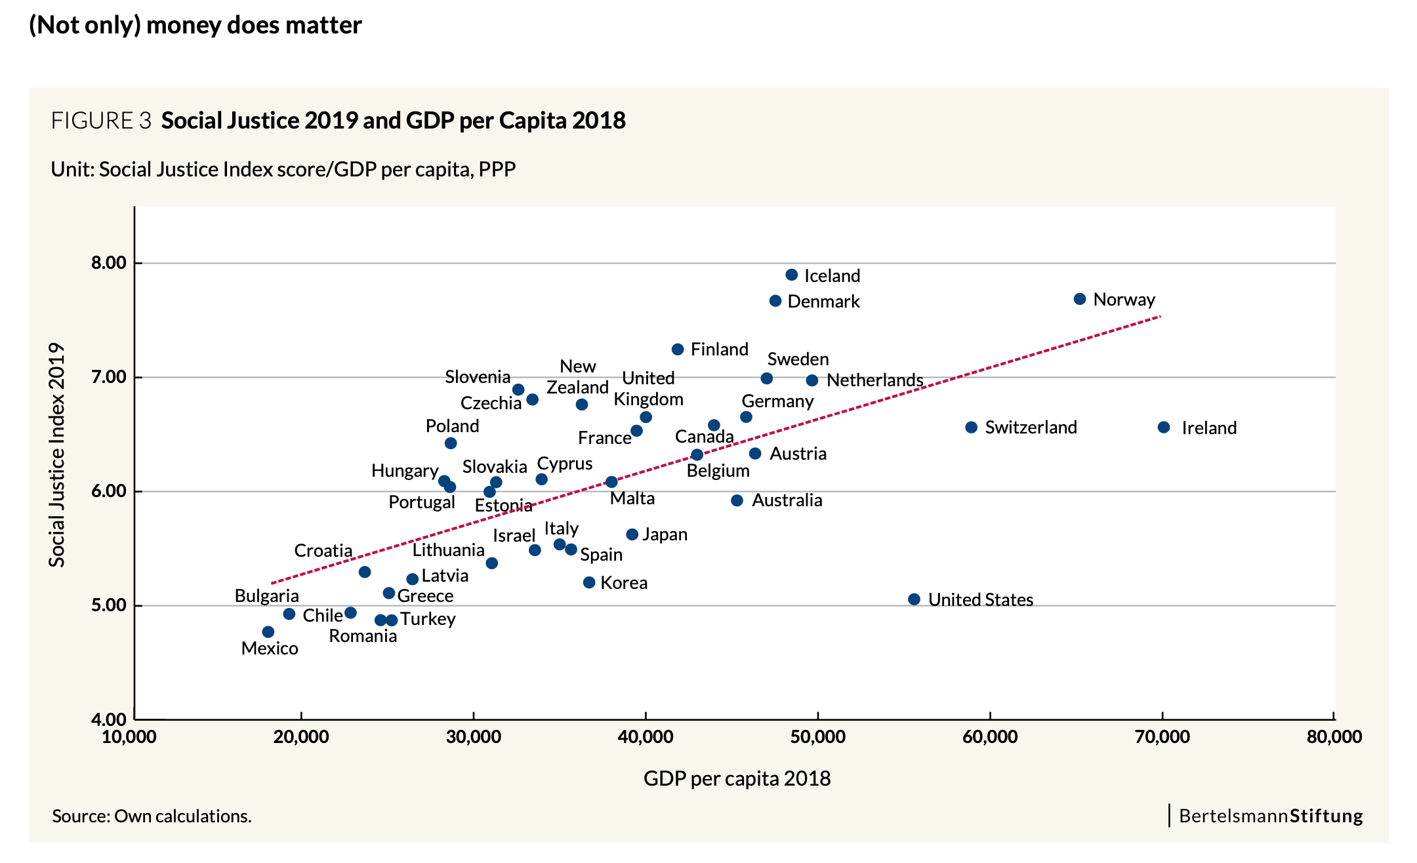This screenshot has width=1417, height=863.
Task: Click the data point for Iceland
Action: tap(791, 275)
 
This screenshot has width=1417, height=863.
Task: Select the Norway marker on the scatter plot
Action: tap(1079, 299)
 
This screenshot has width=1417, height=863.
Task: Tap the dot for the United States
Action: tap(914, 599)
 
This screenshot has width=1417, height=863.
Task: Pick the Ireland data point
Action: tap(1164, 428)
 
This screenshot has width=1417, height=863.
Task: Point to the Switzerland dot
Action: tap(972, 428)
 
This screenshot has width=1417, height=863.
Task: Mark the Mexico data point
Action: tap(268, 632)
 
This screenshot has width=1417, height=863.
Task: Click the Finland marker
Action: tap(678, 350)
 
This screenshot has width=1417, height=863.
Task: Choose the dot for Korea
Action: tap(589, 582)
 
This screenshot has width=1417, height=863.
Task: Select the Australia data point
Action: tap(737, 500)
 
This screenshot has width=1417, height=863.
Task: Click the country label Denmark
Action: tap(823, 302)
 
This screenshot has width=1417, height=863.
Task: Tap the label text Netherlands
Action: tap(874, 380)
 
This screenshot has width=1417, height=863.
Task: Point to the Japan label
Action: tap(665, 534)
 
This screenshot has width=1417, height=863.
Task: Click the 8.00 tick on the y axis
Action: tap(109, 263)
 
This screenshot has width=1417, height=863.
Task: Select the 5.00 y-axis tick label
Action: tap(109, 605)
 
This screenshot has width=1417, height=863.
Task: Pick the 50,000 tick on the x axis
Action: tap(817, 737)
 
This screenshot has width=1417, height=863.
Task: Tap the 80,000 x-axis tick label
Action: tap(1334, 737)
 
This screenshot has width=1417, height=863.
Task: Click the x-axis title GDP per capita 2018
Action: tap(737, 778)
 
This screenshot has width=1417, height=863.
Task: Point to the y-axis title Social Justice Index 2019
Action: tap(57, 454)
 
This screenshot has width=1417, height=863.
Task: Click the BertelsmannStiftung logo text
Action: tap(1271, 816)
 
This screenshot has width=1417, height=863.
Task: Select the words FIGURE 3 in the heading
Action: tap(101, 121)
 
